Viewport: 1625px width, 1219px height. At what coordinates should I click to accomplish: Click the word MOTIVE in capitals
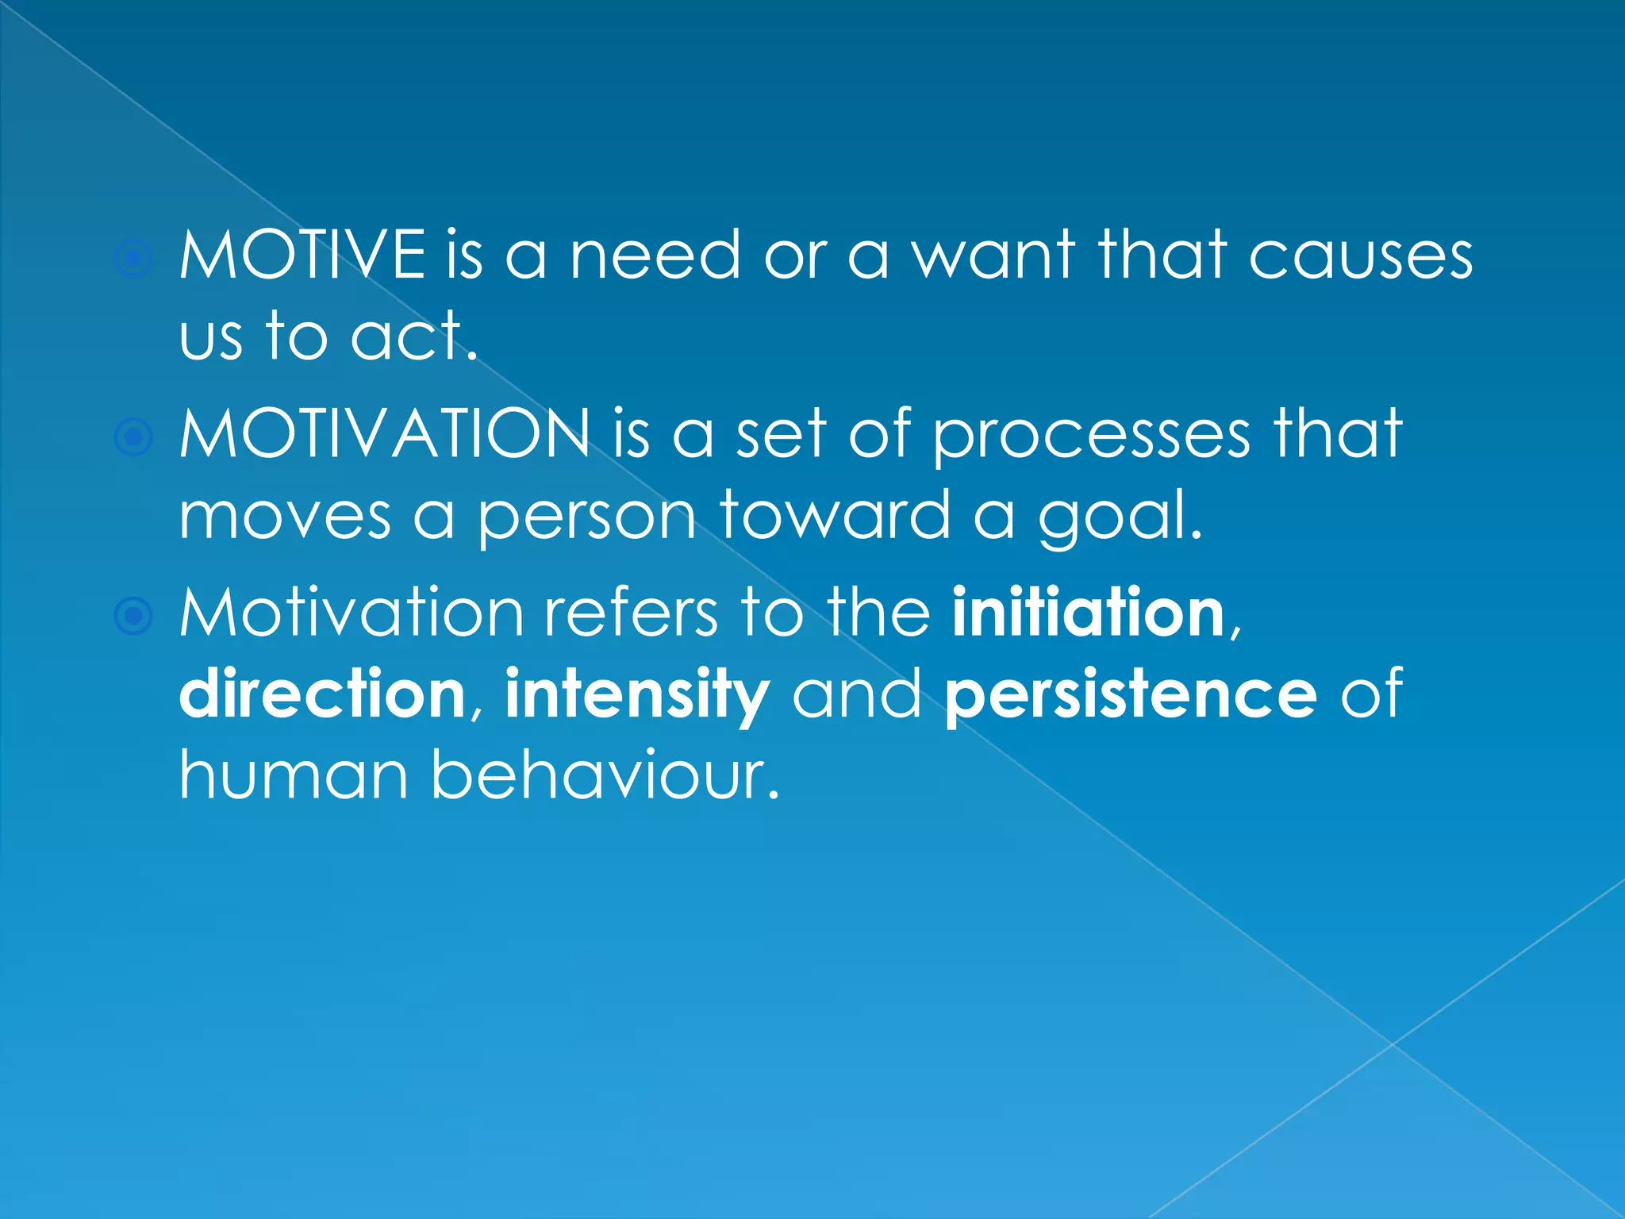(x=302, y=255)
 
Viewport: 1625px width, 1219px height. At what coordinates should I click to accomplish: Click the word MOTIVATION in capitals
(x=385, y=434)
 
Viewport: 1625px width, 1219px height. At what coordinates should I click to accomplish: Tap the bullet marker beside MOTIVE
(x=133, y=259)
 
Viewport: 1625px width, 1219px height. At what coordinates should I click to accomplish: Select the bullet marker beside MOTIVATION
(x=133, y=437)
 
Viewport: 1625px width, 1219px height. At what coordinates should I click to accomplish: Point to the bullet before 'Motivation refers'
(x=133, y=616)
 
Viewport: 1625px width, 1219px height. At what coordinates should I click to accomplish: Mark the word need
(x=655, y=256)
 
